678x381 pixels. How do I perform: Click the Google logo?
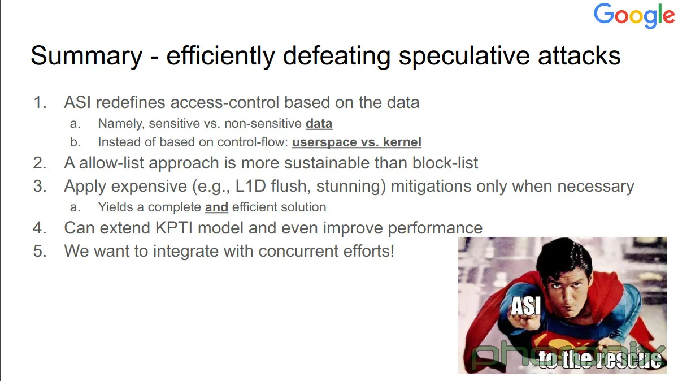[634, 15]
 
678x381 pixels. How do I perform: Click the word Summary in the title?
[86, 56]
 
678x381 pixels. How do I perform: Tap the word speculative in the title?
[464, 56]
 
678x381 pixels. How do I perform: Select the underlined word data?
[319, 124]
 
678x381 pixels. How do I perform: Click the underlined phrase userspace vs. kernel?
[357, 142]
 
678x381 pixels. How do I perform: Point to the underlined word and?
[216, 207]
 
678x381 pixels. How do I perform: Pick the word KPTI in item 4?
[174, 228]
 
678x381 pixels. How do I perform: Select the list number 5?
[40, 251]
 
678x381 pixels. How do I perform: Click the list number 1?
[40, 102]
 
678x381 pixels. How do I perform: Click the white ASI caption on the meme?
[526, 306]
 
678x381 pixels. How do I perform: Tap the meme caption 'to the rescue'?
[600, 360]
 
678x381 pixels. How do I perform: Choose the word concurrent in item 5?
[298, 251]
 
